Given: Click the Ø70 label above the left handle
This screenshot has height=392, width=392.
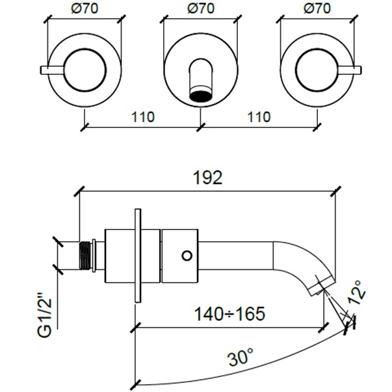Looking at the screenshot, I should (x=85, y=10).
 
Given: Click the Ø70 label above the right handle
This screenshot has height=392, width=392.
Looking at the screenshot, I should (x=317, y=10).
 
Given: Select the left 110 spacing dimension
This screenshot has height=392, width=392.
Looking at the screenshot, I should (x=143, y=118).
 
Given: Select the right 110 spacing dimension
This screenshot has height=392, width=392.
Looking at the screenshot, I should (x=259, y=118).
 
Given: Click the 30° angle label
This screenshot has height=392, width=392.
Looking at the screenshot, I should (x=242, y=358).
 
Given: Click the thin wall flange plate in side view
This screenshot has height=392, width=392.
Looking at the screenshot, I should (x=137, y=255).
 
